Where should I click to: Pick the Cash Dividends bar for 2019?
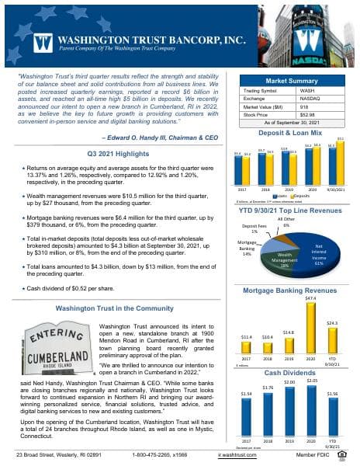[289, 409]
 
